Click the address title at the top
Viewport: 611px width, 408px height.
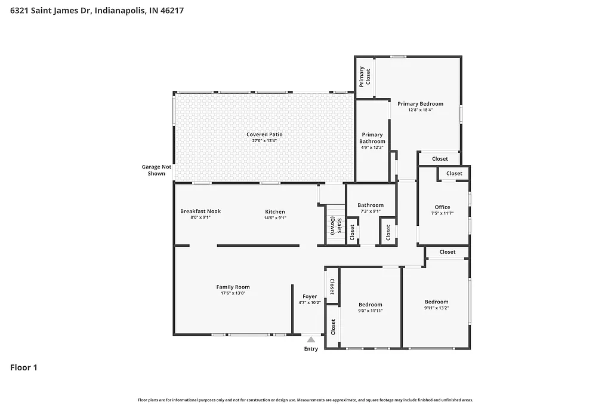(x=97, y=11)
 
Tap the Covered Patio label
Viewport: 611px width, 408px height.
(x=264, y=134)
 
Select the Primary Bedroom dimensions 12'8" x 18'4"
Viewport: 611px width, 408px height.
(x=420, y=110)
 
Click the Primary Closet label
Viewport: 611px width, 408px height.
(x=365, y=76)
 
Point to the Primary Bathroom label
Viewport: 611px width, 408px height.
(x=372, y=138)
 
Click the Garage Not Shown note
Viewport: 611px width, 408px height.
(x=156, y=170)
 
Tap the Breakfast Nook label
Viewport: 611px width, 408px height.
(x=200, y=211)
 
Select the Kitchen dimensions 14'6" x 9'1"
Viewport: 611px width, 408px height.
(x=275, y=218)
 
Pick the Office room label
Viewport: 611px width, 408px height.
(x=443, y=207)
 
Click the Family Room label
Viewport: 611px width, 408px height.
(x=233, y=287)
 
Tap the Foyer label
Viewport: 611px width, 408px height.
(x=310, y=296)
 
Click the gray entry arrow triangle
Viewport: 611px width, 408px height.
(x=311, y=339)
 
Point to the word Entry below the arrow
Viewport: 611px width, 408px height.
(x=311, y=349)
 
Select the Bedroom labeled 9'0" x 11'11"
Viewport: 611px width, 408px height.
(x=370, y=305)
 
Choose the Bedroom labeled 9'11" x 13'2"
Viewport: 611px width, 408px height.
(x=436, y=302)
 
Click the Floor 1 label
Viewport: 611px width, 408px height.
(x=24, y=368)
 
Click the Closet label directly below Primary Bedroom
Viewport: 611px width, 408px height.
(x=440, y=159)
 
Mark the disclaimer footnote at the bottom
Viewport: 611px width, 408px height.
(x=305, y=400)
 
